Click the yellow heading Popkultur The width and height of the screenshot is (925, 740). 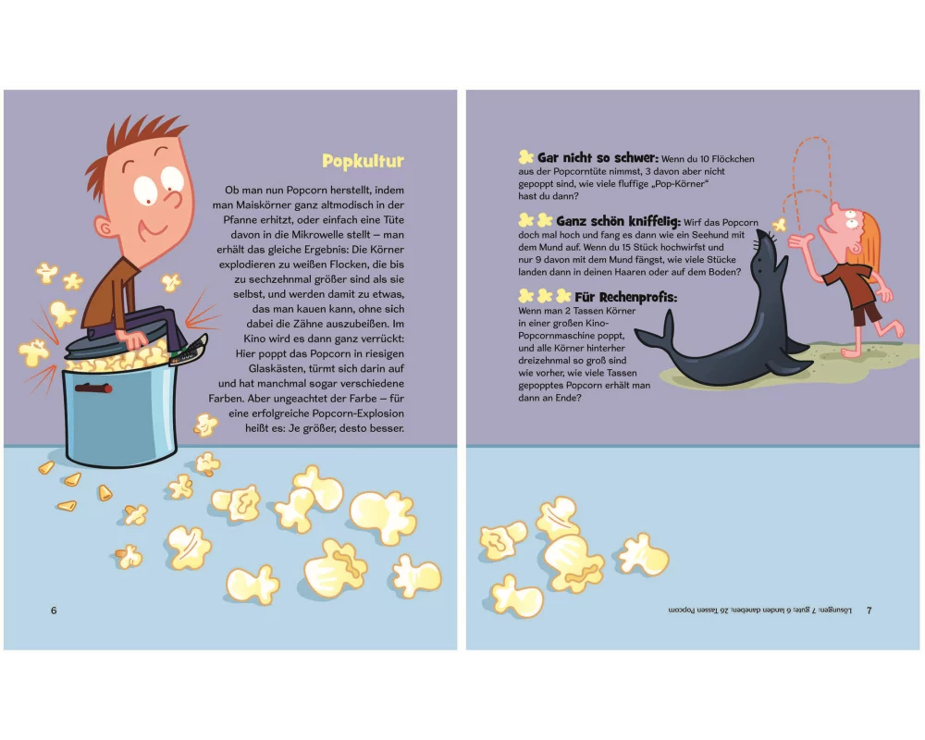coord(363,162)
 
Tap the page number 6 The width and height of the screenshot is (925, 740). coord(54,610)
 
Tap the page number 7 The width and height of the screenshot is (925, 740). coord(869,610)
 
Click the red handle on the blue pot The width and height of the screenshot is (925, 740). coord(93,388)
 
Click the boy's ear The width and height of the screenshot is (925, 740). coord(105,228)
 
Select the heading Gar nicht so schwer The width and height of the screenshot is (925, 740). coord(598,158)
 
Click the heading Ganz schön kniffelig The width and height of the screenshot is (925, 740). coord(618,222)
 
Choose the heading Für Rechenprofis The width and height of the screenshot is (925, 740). coord(626,297)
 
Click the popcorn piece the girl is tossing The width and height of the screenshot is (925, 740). coord(780,224)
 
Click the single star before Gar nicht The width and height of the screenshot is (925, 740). coord(525,157)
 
